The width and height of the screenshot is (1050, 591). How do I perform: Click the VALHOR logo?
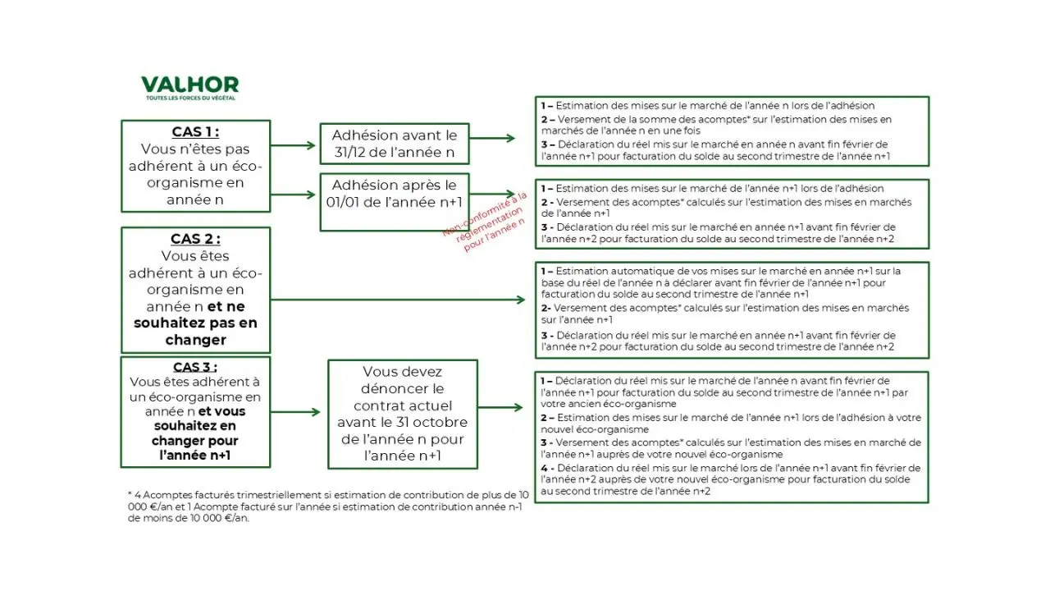point(189,85)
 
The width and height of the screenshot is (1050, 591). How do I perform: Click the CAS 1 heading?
point(195,132)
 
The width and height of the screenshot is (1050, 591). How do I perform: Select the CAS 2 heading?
point(195,239)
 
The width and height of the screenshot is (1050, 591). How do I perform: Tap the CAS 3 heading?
point(195,367)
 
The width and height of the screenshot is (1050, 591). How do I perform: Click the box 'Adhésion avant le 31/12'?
point(394,144)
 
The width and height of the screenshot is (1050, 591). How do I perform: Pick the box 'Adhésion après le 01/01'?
point(394,194)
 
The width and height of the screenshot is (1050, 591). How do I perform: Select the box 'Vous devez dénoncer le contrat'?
point(402,414)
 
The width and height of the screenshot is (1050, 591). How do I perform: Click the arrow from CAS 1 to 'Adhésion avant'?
point(293,146)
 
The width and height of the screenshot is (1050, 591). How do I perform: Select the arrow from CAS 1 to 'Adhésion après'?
point(293,195)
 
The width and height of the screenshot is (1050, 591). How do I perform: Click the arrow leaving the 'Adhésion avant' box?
point(492,139)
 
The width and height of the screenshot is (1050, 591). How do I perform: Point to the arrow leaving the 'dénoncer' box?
point(500,407)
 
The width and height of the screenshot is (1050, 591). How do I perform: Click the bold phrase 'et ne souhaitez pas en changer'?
point(195,323)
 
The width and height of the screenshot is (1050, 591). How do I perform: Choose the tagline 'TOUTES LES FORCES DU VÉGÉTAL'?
point(189,98)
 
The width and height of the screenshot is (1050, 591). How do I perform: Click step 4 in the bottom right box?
point(730,479)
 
